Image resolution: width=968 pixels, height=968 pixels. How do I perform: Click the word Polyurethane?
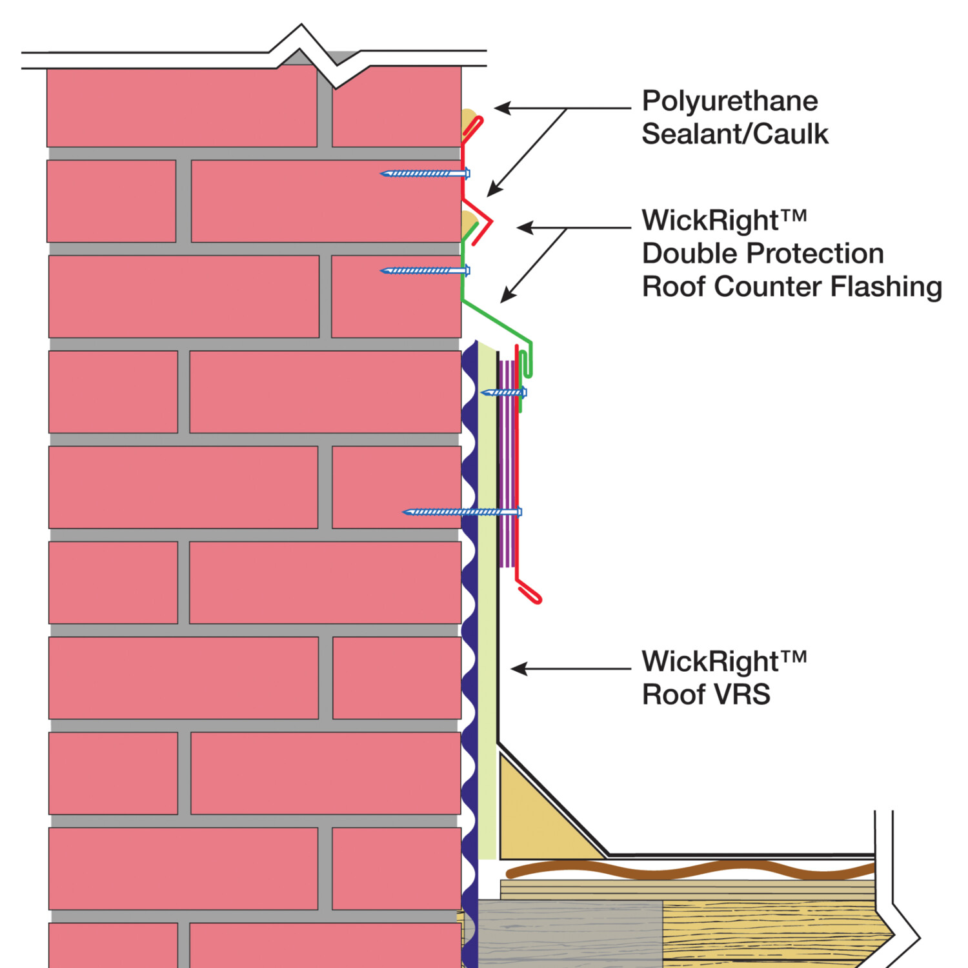(x=729, y=101)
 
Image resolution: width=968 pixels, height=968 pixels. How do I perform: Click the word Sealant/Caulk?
(x=734, y=134)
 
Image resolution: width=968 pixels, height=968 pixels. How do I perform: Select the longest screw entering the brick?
(x=461, y=512)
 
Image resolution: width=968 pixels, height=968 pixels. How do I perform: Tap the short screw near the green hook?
(x=504, y=392)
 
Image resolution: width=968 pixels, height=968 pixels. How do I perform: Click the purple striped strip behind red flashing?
(x=507, y=465)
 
